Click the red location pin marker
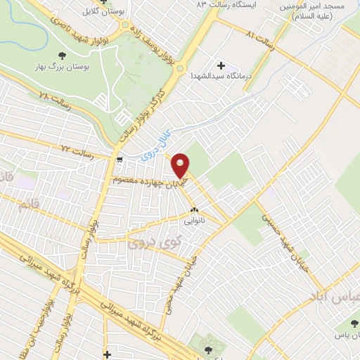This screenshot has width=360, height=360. [x=181, y=165]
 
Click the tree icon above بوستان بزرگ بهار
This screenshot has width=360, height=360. [x=63, y=55]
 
